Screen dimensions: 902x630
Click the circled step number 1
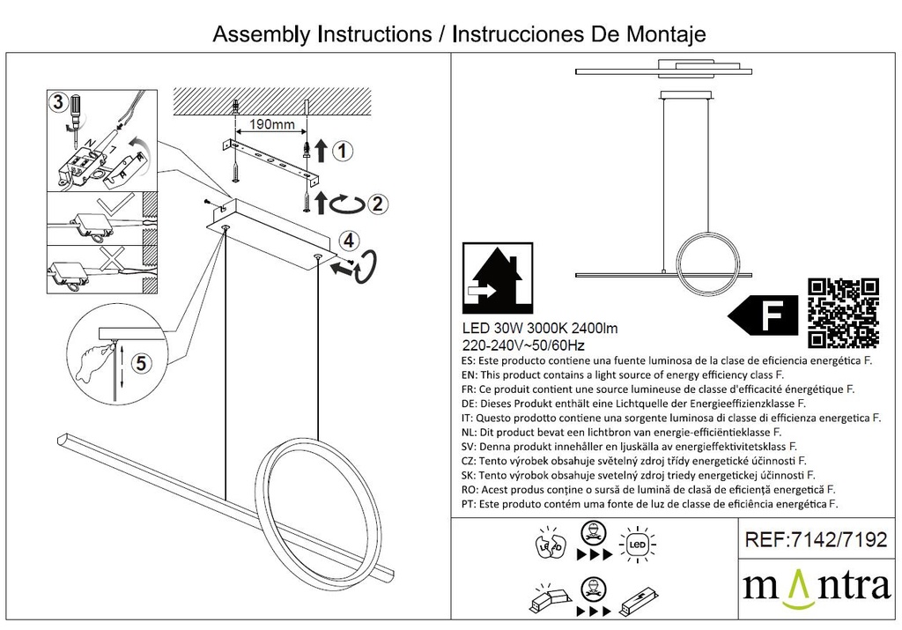[x=343, y=152]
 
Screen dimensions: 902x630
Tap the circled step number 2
[x=377, y=204]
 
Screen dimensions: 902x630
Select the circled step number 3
[x=58, y=102]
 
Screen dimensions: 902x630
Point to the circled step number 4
[x=349, y=241]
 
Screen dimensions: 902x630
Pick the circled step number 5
[x=142, y=363]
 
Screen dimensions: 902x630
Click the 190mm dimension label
[x=271, y=124]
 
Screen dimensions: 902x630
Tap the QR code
[x=843, y=313]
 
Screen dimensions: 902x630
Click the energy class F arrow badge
[x=763, y=315]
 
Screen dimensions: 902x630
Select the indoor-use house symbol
[x=498, y=278]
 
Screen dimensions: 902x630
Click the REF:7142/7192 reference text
[x=816, y=539]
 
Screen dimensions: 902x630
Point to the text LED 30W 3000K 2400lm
[x=540, y=329]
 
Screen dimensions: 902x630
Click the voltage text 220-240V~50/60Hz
[x=523, y=345]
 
